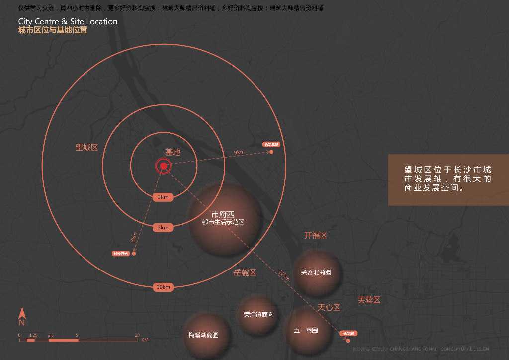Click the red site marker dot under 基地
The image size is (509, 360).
tap(163, 167)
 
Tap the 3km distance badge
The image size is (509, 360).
tap(163, 197)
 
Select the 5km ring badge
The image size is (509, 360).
tap(163, 228)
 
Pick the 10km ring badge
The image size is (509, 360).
tap(163, 287)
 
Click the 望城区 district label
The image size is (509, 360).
tap(87, 148)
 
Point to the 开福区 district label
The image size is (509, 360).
tap(316, 235)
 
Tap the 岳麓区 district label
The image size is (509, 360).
tap(245, 272)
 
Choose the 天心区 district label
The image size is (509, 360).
tap(329, 308)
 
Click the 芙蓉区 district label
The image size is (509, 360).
tap(369, 300)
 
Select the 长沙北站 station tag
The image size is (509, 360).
tap(271, 144)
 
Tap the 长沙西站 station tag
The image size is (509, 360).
tap(121, 254)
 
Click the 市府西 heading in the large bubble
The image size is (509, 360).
tap(223, 214)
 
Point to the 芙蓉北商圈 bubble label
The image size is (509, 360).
tap(316, 272)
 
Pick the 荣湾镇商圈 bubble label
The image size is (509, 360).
tap(258, 315)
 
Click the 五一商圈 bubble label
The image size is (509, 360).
tap(306, 330)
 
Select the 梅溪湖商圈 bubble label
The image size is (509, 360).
tap(203, 335)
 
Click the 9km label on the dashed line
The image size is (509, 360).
tap(239, 152)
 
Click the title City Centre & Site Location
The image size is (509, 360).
tap(68, 22)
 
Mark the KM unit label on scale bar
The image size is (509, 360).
tap(145, 340)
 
